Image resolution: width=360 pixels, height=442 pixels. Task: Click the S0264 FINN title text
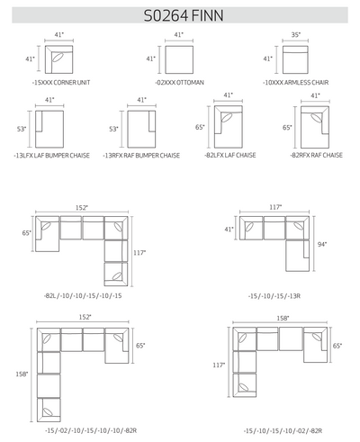tap(184, 15)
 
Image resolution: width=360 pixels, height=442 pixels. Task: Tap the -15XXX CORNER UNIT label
tap(61, 83)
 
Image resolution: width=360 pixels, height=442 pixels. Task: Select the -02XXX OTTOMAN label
tap(180, 83)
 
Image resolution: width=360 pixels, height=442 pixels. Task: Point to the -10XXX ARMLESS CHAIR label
tap(296, 83)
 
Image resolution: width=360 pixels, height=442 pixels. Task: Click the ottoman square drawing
tap(179, 59)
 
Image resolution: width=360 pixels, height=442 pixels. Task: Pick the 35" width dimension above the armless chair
tap(295, 35)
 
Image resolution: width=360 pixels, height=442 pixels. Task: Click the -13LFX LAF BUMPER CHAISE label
tap(51, 156)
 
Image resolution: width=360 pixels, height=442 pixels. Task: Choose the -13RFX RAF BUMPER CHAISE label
tap(141, 156)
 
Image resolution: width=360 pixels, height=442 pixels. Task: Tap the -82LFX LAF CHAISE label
tap(230, 155)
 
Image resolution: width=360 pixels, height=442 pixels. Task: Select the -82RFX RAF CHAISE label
tap(316, 155)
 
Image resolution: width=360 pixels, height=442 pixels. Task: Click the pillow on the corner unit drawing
tap(58, 58)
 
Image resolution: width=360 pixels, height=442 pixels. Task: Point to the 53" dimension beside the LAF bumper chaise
tap(22, 129)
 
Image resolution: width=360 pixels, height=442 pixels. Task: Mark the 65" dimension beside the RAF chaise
tap(287, 128)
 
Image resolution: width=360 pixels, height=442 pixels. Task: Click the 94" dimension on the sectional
tap(322, 244)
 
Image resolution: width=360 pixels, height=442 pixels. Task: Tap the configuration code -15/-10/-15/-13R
tap(274, 296)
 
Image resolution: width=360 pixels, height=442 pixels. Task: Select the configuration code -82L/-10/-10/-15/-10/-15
tap(83, 295)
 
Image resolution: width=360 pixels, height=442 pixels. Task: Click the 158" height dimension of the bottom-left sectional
tap(22, 374)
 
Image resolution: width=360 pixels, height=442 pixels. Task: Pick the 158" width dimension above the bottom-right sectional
tap(283, 318)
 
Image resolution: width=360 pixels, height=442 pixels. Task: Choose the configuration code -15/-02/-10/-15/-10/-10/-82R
tap(91, 430)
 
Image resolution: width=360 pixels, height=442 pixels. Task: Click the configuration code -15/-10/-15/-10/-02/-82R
tap(283, 431)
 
